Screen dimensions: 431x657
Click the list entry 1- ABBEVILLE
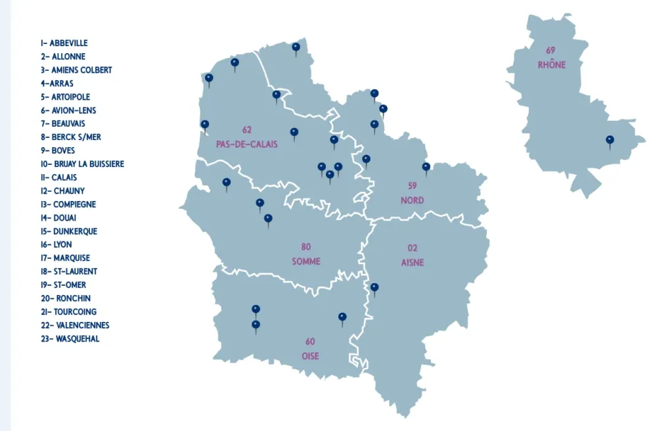64,43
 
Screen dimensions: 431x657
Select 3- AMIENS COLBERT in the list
76,70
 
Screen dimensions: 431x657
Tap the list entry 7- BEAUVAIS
63,124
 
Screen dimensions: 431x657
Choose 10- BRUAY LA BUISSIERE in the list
82,164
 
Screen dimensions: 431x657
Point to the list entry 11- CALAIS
58,177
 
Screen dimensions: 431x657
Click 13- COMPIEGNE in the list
68,204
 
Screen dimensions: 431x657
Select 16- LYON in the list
56,244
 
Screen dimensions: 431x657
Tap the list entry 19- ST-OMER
63,285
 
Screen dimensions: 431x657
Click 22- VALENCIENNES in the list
75,325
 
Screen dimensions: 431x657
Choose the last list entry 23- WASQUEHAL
70,339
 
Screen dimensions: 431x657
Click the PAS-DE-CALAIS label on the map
246,144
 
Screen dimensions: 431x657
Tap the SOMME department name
306,261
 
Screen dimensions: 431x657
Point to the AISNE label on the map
413,262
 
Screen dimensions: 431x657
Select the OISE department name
310,356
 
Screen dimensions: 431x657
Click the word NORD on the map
413,200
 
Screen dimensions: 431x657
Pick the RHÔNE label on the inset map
551,65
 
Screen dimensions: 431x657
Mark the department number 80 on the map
306,247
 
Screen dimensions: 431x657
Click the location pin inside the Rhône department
610,140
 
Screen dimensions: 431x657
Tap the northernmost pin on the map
296,47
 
